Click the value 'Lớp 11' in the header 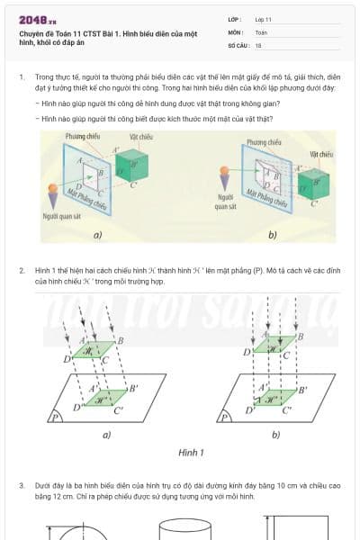pos(264,19)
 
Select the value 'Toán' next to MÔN pos(261,31)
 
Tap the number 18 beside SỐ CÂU pos(258,44)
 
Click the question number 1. pos(22,77)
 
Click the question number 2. pos(22,271)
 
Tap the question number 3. pos(22,485)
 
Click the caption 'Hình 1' pos(191,452)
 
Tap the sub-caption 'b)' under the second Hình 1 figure pos(275,435)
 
